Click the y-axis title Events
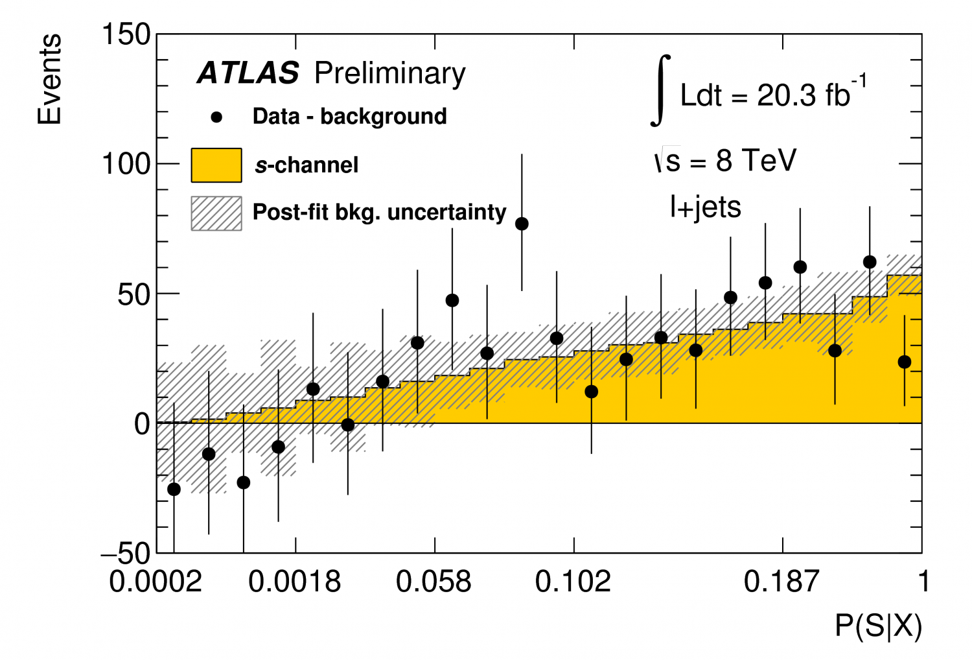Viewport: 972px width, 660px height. pyautogui.click(x=49, y=80)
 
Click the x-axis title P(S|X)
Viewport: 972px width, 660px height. pyautogui.click(x=878, y=626)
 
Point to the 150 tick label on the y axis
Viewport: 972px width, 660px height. pyautogui.click(x=126, y=34)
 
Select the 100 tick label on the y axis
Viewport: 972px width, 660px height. pyautogui.click(x=126, y=164)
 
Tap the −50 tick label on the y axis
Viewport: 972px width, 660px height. pyautogui.click(x=126, y=554)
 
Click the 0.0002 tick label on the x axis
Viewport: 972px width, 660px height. pyautogui.click(x=156, y=582)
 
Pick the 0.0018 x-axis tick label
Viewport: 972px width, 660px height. pyautogui.click(x=295, y=582)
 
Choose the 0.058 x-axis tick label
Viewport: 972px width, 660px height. pyautogui.click(x=434, y=582)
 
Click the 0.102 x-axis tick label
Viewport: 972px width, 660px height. pyautogui.click(x=573, y=582)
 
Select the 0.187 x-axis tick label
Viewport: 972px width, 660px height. pyautogui.click(x=781, y=582)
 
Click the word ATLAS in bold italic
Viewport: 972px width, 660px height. pyautogui.click(x=248, y=73)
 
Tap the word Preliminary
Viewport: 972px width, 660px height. pyautogui.click(x=389, y=73)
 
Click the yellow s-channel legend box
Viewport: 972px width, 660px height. pyautogui.click(x=216, y=165)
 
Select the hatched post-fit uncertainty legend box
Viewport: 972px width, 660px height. pyautogui.click(x=216, y=213)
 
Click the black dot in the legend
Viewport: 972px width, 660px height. pyautogui.click(x=217, y=117)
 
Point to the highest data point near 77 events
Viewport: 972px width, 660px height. pyautogui.click(x=522, y=224)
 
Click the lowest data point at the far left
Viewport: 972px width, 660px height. pyautogui.click(x=174, y=489)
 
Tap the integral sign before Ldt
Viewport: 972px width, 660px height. pyautogui.click(x=660, y=91)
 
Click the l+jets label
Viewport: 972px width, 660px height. pyautogui.click(x=705, y=207)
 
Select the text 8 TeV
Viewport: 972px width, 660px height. pyautogui.click(x=756, y=160)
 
